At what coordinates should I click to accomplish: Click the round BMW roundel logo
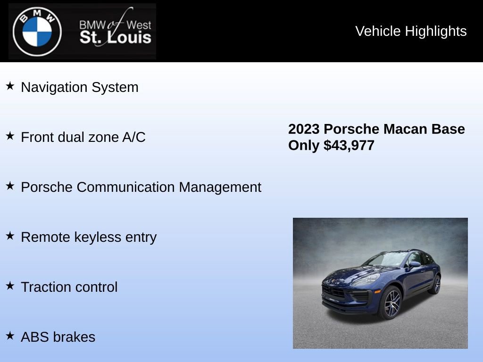[37, 32]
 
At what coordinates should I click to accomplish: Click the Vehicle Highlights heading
[411, 31]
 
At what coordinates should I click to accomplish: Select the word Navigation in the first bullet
[54, 87]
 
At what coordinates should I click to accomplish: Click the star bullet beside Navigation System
[10, 86]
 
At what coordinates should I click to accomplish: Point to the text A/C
[134, 137]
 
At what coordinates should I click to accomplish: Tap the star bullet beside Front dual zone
[10, 136]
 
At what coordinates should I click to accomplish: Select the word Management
[220, 187]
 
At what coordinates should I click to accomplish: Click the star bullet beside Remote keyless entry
[10, 236]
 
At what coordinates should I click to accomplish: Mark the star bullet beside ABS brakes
[10, 336]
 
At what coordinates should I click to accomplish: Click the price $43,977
[349, 145]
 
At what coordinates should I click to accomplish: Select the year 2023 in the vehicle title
[304, 129]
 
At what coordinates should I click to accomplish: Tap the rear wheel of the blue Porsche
[435, 284]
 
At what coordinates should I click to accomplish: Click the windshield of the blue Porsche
[386, 259]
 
